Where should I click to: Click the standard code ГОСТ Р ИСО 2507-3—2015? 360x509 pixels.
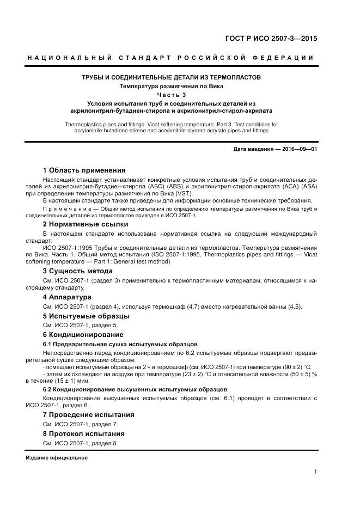271,39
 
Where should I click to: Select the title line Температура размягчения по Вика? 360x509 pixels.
172,86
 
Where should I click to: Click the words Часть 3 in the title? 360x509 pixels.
172,95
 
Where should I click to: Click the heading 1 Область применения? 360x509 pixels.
84,170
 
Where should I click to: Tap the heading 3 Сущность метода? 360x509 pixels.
77,271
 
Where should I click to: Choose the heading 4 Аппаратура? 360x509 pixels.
67,297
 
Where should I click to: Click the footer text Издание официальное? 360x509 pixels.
57,457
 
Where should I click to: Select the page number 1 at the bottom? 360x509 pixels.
315,471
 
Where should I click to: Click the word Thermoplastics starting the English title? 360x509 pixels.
84,124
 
